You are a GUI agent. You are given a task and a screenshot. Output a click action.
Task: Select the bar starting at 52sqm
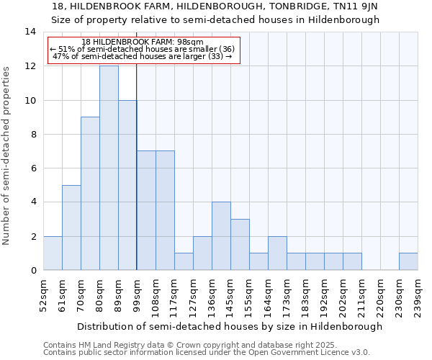(53, 253)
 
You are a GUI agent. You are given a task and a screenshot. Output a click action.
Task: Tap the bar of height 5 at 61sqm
(71, 228)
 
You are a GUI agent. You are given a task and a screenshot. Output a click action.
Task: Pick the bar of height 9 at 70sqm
(90, 194)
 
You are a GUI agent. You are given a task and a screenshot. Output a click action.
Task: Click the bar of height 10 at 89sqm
(127, 185)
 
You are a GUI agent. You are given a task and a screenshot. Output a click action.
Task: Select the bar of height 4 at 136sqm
(221, 236)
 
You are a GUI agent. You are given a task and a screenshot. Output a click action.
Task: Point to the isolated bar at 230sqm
(408, 261)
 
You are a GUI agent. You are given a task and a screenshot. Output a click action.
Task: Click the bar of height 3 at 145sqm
(240, 245)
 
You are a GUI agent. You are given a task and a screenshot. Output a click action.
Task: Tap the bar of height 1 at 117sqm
(184, 261)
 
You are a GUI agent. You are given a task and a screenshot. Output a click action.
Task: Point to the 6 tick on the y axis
(33, 168)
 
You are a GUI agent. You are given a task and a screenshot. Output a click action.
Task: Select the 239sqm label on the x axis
(418, 295)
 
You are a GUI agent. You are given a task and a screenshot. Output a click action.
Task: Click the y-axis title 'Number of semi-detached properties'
(6, 155)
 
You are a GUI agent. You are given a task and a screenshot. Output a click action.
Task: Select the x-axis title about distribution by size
(230, 326)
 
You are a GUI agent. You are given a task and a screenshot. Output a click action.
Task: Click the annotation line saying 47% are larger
(143, 56)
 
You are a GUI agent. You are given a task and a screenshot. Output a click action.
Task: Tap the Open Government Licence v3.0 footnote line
(207, 353)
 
